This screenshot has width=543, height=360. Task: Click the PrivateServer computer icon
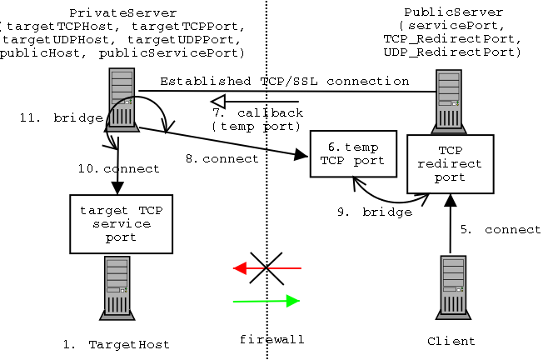tap(121, 99)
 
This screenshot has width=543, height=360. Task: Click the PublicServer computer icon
tap(449, 101)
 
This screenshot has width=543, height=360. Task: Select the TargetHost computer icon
tap(117, 287)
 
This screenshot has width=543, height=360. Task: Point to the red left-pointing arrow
tap(267, 268)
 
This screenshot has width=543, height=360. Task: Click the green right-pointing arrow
tap(267, 301)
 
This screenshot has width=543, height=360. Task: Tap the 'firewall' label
tap(271, 339)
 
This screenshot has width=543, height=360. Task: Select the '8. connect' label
tap(221, 158)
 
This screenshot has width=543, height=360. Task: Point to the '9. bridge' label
tap(374, 212)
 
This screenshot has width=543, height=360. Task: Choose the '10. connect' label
tap(118, 168)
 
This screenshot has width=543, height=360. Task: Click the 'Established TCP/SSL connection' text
tap(284, 81)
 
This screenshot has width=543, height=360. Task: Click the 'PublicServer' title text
tap(453, 12)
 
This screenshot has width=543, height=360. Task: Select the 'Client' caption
tap(451, 341)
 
